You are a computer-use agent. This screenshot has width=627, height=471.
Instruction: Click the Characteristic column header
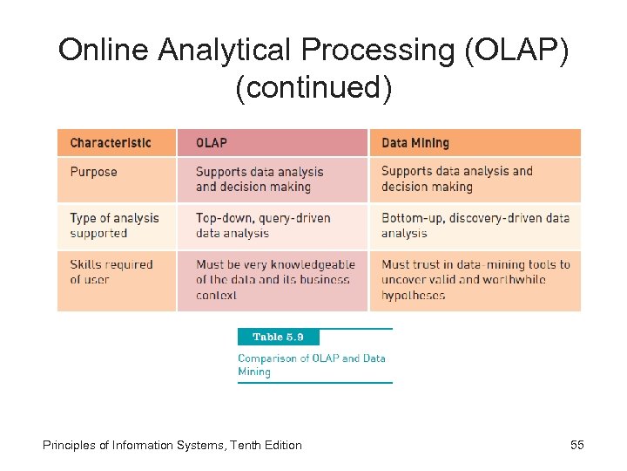pos(111,143)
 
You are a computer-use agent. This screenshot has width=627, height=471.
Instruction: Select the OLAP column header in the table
pos(212,143)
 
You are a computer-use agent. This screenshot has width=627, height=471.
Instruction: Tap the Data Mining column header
pos(415,143)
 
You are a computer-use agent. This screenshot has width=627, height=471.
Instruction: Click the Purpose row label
pos(93,172)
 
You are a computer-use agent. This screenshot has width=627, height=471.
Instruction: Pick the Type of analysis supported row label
pos(114,226)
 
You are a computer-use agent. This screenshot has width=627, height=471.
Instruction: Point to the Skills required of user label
pos(111,272)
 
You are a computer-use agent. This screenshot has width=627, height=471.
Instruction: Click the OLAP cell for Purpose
pos(259,180)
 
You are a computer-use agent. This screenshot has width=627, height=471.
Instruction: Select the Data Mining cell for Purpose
pos(456,179)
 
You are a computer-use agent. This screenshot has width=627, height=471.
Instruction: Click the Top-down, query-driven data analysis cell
pos(263,226)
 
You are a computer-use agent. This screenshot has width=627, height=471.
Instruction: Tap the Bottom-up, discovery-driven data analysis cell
pos(475,226)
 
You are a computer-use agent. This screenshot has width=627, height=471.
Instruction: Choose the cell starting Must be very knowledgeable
pos(275,280)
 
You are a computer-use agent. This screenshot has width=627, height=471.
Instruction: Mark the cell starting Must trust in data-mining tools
pos(475,280)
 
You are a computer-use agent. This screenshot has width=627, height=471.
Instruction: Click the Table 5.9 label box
pos(278,338)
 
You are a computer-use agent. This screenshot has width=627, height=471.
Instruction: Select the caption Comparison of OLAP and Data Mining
pos(311,365)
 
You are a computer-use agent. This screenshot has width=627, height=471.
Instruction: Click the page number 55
pos(576,446)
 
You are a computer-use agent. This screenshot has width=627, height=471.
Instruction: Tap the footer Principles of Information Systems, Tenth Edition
pos(172,446)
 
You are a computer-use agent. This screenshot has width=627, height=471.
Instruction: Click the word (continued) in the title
pos(313,88)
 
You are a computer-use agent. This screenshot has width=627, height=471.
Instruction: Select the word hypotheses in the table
pos(413,296)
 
